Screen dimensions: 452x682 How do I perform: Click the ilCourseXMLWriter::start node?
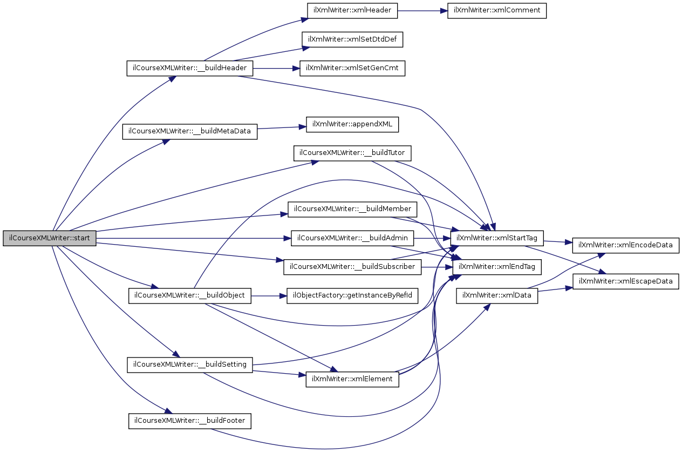point(50,238)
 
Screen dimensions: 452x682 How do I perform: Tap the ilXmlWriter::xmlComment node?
point(497,11)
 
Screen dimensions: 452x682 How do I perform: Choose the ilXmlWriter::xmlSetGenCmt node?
point(352,69)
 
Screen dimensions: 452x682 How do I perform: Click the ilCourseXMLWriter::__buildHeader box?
point(189,69)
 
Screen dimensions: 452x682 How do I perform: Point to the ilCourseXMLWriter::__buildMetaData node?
point(189,131)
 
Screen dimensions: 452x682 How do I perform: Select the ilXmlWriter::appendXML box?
point(352,125)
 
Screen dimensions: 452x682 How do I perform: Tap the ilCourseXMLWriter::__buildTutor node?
point(352,153)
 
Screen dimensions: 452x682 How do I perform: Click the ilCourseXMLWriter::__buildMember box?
point(352,209)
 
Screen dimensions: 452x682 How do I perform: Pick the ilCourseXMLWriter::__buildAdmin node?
point(352,238)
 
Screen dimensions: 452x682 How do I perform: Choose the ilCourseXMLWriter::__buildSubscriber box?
point(352,267)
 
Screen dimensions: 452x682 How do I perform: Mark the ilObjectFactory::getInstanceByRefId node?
point(352,296)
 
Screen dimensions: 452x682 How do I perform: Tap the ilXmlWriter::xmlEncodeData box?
point(625,245)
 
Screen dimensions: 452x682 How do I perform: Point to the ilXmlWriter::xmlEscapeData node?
point(625,281)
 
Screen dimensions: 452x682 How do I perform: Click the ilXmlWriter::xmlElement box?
point(352,379)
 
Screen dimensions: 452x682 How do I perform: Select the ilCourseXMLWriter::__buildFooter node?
point(189,421)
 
